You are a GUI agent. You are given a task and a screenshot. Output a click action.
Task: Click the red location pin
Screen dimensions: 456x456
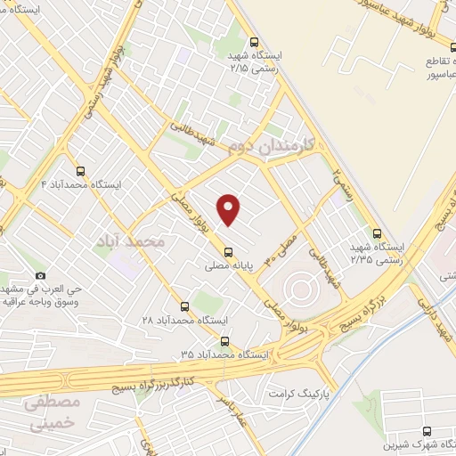pyautogui.click(x=229, y=208)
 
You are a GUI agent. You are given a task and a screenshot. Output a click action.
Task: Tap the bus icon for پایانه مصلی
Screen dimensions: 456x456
pyautogui.click(x=229, y=250)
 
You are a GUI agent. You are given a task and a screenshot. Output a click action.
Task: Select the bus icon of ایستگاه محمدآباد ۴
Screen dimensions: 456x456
pyautogui.click(x=81, y=171)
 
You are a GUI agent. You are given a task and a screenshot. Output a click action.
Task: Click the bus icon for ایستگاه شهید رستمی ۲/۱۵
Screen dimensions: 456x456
pyautogui.click(x=256, y=41)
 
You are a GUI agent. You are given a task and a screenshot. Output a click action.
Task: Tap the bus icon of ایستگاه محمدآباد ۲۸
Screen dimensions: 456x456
pyautogui.click(x=184, y=306)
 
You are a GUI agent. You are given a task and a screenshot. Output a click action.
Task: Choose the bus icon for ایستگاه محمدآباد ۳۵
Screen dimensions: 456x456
pyautogui.click(x=224, y=340)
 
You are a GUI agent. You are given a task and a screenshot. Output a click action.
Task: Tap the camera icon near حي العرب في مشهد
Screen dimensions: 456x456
pyautogui.click(x=39, y=277)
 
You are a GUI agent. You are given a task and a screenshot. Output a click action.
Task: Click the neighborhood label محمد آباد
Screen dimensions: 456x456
pyautogui.click(x=130, y=240)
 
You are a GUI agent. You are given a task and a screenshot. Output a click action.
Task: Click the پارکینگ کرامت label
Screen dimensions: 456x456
pyautogui.click(x=301, y=392)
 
